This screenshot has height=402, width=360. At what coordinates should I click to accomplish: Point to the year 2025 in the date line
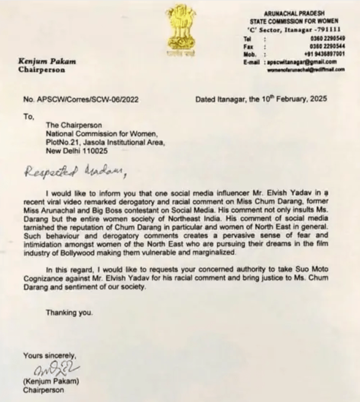click(x=316, y=99)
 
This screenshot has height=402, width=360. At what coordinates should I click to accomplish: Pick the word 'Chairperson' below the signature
click(x=41, y=390)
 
